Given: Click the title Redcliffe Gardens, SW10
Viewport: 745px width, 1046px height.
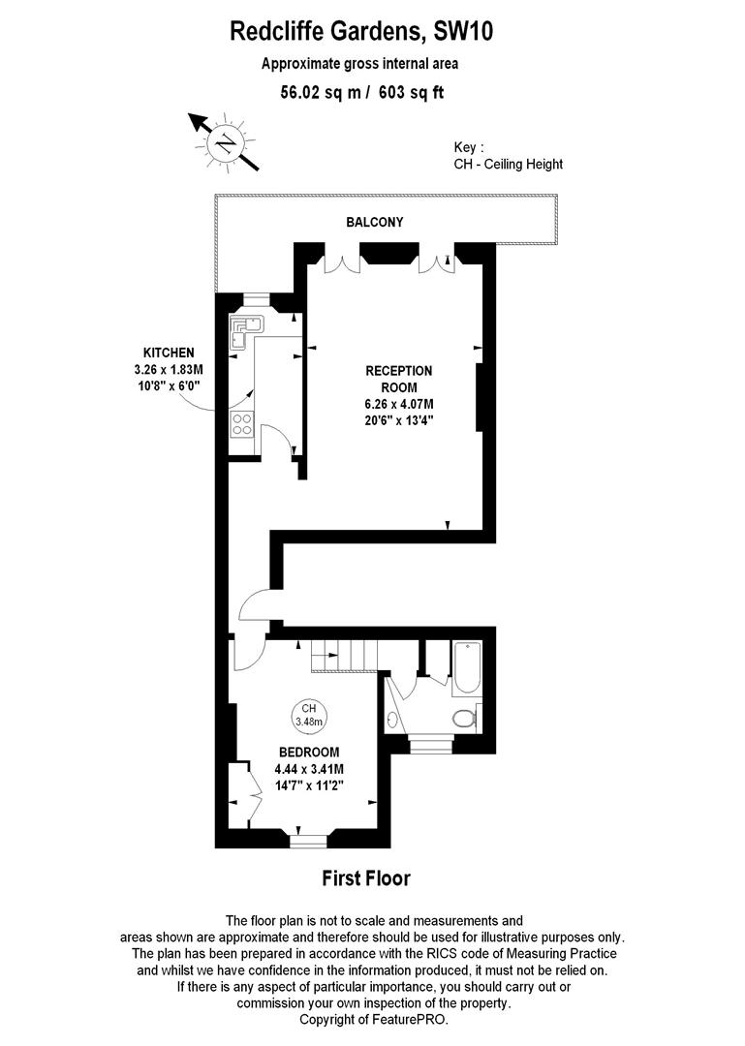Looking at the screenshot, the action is click(x=361, y=31).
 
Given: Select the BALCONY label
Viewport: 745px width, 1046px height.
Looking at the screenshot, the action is click(x=375, y=222).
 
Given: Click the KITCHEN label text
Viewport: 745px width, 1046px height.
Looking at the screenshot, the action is click(x=169, y=353).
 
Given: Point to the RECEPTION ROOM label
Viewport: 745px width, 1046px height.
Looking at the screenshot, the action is click(x=398, y=379).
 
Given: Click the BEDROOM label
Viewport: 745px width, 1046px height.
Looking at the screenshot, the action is click(x=309, y=752).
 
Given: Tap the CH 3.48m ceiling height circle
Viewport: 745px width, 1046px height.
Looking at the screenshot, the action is click(x=308, y=715).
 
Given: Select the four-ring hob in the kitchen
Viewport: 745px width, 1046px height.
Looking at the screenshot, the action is click(x=241, y=424).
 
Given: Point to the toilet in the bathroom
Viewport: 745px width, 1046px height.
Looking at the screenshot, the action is click(x=465, y=719).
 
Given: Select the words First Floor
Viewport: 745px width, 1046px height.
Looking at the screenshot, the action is click(x=366, y=877).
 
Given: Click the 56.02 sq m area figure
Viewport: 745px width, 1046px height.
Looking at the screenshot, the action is click(x=321, y=93).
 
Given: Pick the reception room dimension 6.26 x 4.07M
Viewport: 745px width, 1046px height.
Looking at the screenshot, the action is click(x=398, y=404).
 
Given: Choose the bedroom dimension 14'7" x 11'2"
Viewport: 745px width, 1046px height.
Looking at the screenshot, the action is click(x=309, y=785).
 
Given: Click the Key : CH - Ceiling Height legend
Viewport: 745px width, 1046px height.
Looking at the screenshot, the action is click(x=508, y=156).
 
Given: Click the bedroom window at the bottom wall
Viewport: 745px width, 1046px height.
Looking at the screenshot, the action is click(x=308, y=841).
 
